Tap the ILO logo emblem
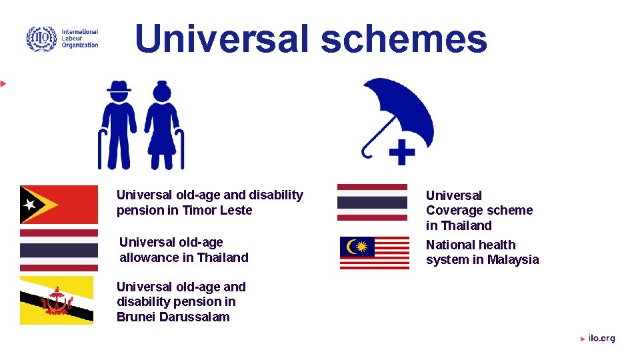[x=41, y=39]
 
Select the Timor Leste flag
[x=59, y=204]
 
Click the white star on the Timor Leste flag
[x=29, y=204]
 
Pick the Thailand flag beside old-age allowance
[x=59, y=250]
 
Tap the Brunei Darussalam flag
[x=57, y=300]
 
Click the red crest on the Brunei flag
[x=56, y=302]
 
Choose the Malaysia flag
[x=375, y=253]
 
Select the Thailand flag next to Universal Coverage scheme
[x=372, y=202]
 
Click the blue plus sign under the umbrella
[x=401, y=152]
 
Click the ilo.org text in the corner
[x=601, y=339]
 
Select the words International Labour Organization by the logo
[x=79, y=39]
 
